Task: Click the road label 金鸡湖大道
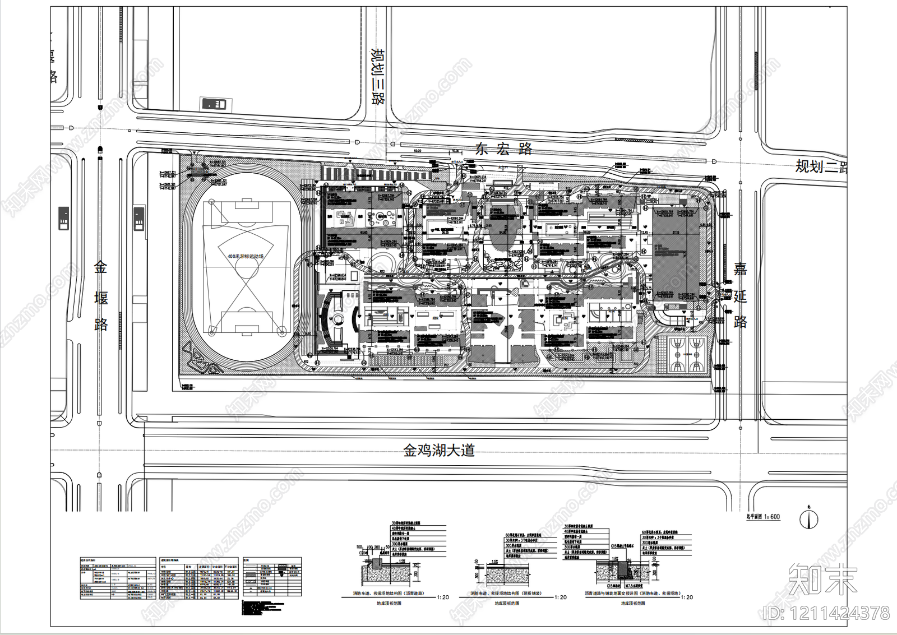(x=439, y=450)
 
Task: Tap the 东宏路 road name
(x=503, y=149)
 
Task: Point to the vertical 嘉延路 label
(x=740, y=295)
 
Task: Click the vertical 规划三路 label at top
(x=378, y=77)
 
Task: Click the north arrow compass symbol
(x=808, y=520)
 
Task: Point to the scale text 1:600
(x=771, y=517)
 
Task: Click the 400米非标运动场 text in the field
(x=246, y=256)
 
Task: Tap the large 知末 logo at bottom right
(x=822, y=579)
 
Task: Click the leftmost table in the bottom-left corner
(x=118, y=577)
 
